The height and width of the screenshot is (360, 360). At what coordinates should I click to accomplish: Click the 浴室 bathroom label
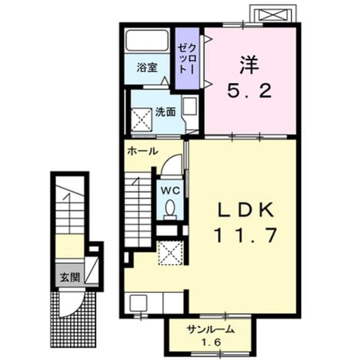(x=147, y=67)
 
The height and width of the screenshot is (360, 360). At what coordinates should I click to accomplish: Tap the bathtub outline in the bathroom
(x=147, y=40)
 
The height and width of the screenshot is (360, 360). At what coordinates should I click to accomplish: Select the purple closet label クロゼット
(x=187, y=59)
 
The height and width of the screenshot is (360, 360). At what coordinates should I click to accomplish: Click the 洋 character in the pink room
(x=249, y=65)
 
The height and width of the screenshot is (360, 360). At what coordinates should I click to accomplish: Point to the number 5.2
(x=250, y=91)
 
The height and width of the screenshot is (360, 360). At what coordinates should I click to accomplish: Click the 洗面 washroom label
(x=165, y=112)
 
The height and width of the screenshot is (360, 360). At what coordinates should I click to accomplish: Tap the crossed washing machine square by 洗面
(x=141, y=120)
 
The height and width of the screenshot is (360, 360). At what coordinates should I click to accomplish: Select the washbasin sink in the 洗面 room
(x=190, y=106)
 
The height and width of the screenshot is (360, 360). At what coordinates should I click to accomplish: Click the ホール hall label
(x=142, y=151)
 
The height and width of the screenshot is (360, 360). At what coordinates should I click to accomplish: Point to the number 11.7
(x=245, y=235)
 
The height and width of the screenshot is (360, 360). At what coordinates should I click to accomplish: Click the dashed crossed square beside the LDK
(x=170, y=253)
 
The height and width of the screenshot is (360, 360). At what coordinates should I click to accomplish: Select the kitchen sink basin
(x=138, y=303)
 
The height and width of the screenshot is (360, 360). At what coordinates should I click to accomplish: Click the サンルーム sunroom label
(x=210, y=330)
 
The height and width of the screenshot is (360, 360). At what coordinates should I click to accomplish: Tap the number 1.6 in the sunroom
(x=211, y=343)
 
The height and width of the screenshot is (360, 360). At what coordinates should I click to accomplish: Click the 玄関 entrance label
(x=70, y=277)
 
